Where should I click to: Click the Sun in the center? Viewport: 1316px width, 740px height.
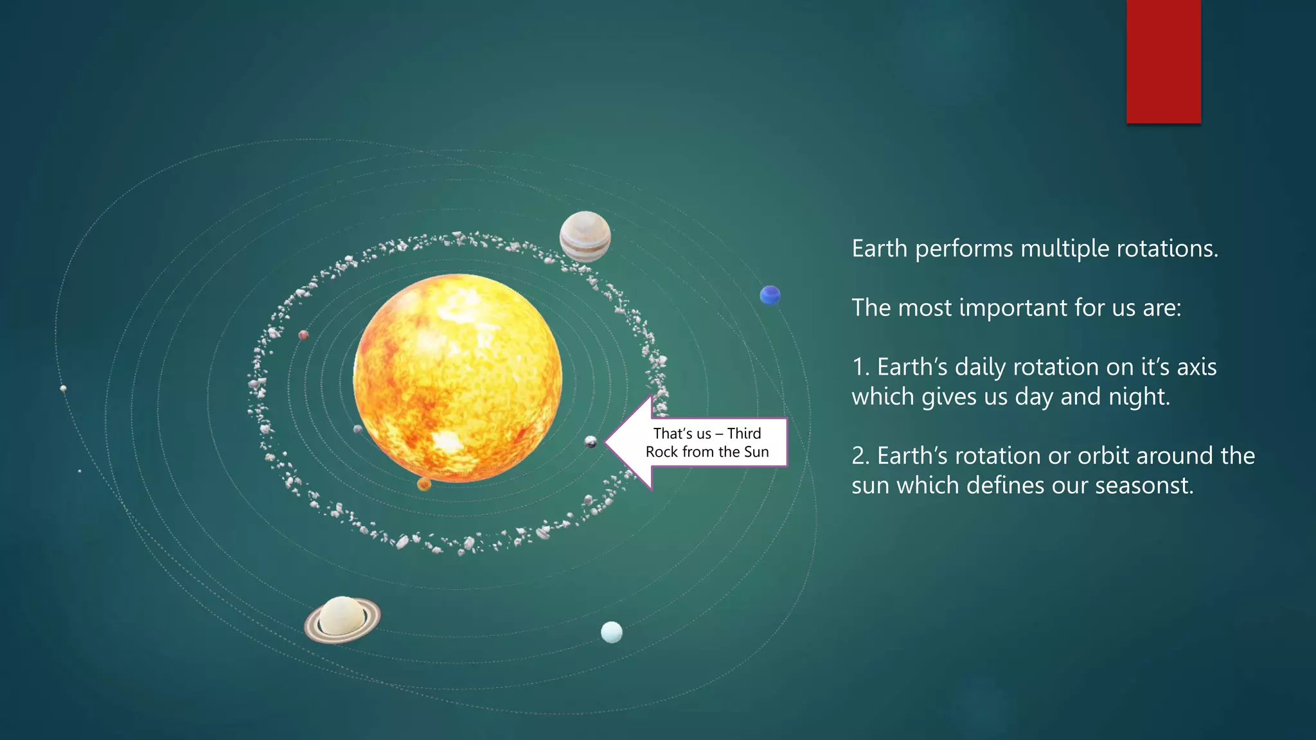point(458,378)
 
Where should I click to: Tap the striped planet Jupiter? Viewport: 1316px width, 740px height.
point(585,236)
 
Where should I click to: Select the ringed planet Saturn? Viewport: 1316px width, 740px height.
point(342,619)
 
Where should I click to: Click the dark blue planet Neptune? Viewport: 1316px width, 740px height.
point(770,295)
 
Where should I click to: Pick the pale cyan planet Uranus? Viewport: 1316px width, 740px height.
point(611,632)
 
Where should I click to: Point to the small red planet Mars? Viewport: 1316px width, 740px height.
point(303,335)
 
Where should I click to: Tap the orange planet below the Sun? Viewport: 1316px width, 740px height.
point(424,484)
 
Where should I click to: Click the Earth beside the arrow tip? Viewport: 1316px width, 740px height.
point(591,442)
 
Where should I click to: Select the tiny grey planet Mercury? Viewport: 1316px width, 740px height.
point(358,429)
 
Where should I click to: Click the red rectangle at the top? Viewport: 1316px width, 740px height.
point(1163,61)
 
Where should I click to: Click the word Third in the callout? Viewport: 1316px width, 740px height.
point(743,434)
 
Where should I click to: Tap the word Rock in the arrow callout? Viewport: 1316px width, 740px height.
point(662,452)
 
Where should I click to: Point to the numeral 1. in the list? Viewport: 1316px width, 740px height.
point(860,367)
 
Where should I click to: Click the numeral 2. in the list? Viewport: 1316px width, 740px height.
point(860,456)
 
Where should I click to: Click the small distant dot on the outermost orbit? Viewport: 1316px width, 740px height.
point(63,389)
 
